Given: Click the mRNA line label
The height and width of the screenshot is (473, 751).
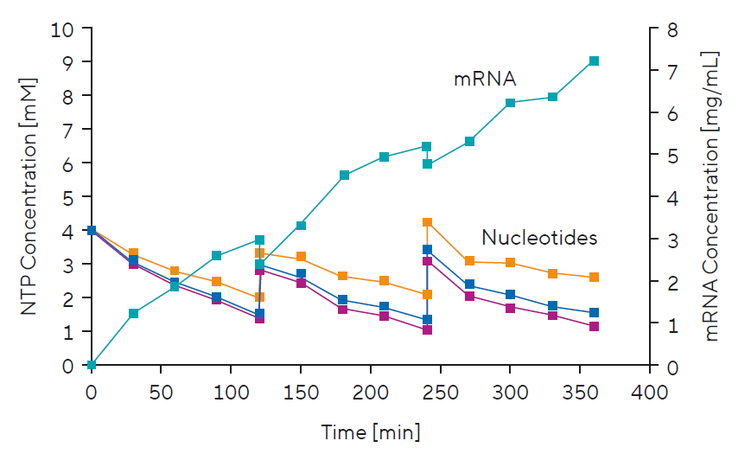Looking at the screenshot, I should click(485, 80).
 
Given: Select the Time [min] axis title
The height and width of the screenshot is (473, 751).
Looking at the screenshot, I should click(371, 431).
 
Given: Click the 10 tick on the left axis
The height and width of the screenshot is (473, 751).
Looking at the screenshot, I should click(67, 29).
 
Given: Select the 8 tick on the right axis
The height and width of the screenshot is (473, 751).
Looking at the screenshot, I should click(671, 29).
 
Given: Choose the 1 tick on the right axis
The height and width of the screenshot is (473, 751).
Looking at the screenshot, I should click(671, 323).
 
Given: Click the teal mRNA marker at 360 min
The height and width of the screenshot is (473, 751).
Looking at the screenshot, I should click(594, 61).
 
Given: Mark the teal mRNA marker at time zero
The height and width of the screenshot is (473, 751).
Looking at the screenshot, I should click(92, 365).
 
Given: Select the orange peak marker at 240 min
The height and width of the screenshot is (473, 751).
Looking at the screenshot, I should click(427, 222).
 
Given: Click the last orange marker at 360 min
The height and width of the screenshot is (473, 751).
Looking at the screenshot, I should click(594, 278).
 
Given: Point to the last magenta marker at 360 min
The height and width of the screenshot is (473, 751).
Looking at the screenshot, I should click(594, 326).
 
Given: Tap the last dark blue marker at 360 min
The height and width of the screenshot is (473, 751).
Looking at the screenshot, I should click(594, 312).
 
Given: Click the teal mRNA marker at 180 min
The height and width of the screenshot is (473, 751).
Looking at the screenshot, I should click(344, 176).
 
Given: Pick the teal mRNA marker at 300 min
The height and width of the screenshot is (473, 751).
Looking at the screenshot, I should click(511, 103).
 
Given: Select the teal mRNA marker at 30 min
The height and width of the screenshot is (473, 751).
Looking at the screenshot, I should click(133, 313).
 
